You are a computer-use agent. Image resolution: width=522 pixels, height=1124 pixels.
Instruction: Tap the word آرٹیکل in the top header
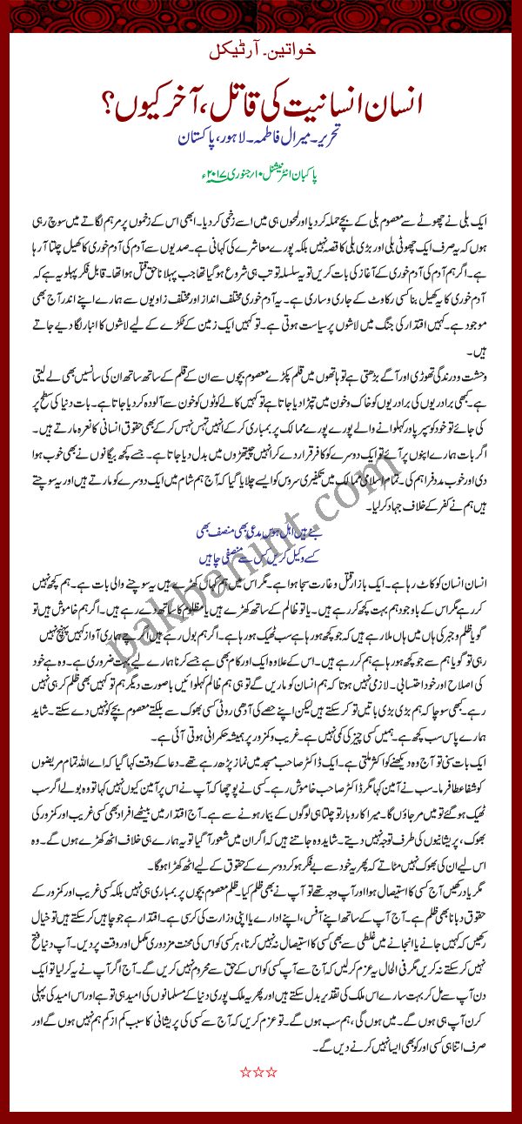(238, 45)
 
